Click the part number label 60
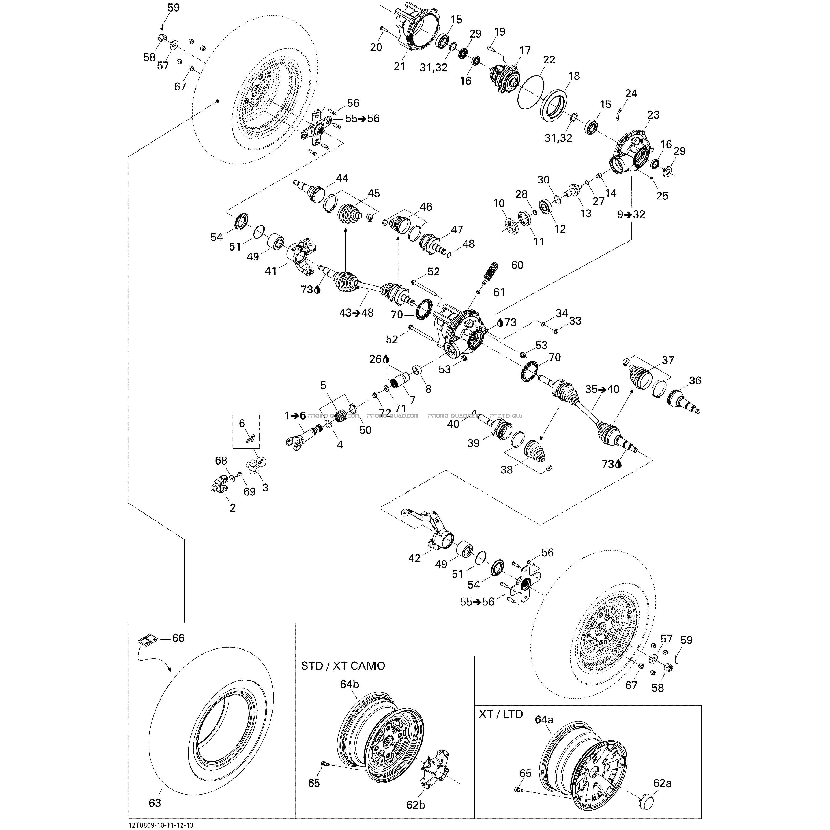tap(517, 265)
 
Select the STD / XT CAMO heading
tap(343, 666)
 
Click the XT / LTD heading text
tap(501, 714)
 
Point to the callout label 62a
tap(662, 783)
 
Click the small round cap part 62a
tap(644, 801)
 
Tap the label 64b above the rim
tap(349, 684)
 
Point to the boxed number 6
tap(242, 423)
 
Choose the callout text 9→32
tap(631, 214)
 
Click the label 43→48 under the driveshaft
tap(357, 313)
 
